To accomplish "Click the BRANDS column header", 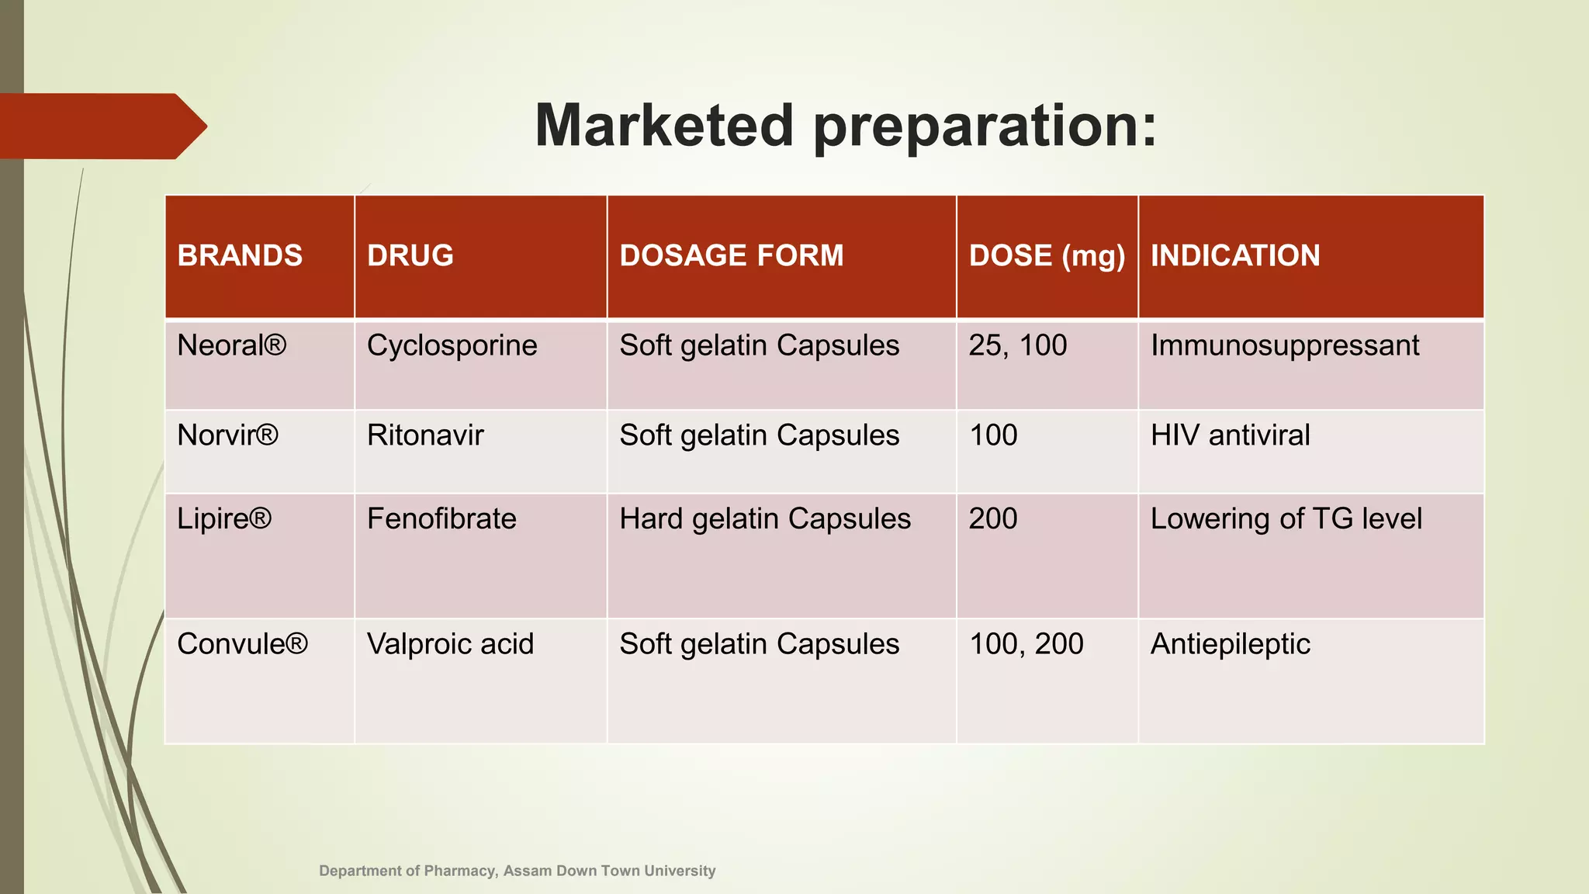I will pyautogui.click(x=240, y=256).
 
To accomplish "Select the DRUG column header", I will pyautogui.click(x=410, y=256).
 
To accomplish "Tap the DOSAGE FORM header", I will pyautogui.click(x=731, y=256).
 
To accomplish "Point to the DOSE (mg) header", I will pyautogui.click(x=1047, y=256).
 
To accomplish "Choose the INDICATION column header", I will pyautogui.click(x=1235, y=256).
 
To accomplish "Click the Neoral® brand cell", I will pyautogui.click(x=232, y=345).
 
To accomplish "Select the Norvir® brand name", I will pyautogui.click(x=227, y=435).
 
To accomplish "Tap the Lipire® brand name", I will pyautogui.click(x=224, y=519).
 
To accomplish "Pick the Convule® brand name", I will pyautogui.click(x=242, y=644).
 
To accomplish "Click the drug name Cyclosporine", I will pyautogui.click(x=452, y=345).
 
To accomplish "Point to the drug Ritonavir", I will pyautogui.click(x=425, y=435).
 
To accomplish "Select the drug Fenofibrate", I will pyautogui.click(x=441, y=519).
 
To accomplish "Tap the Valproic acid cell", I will pyautogui.click(x=450, y=644).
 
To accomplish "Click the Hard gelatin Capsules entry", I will pyautogui.click(x=765, y=519).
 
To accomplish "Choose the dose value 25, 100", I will pyautogui.click(x=1018, y=345).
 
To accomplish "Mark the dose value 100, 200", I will pyautogui.click(x=1026, y=644).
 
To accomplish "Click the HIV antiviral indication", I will pyautogui.click(x=1230, y=435).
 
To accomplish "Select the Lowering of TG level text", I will pyautogui.click(x=1286, y=519).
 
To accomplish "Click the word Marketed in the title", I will pyautogui.click(x=664, y=126).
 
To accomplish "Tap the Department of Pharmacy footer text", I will pyautogui.click(x=517, y=871).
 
